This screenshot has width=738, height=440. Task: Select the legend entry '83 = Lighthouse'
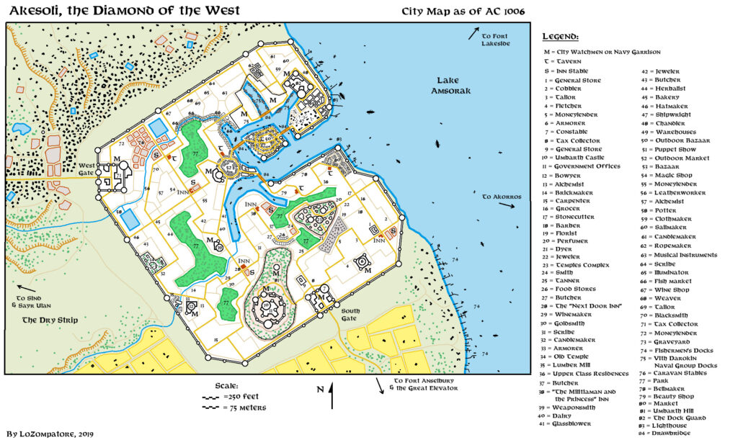coord(670,425)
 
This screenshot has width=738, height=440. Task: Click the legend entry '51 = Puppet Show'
coord(671,149)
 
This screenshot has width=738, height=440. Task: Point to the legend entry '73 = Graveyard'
coord(670,341)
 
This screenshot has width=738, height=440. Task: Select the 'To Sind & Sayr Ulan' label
coord(36,301)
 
